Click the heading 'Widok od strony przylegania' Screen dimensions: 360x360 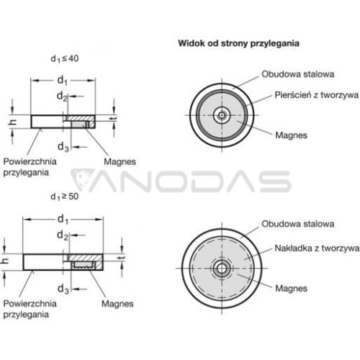(x=238, y=43)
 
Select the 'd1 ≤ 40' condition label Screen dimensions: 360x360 (x=65, y=58)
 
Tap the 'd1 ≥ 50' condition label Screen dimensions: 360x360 (x=65, y=197)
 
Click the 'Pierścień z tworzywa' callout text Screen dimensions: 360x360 (x=317, y=95)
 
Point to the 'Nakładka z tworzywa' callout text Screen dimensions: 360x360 (x=317, y=248)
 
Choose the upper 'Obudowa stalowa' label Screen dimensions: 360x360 (x=297, y=74)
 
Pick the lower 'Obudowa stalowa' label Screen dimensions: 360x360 (x=297, y=224)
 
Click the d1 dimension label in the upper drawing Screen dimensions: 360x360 (x=63, y=81)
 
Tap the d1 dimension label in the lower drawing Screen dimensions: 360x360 (x=63, y=220)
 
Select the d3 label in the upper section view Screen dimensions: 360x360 (x=63, y=147)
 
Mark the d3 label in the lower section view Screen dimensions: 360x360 (x=63, y=289)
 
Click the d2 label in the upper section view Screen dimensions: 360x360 (x=63, y=96)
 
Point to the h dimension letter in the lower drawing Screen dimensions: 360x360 (x=5, y=261)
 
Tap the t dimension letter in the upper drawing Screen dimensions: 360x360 (x=114, y=118)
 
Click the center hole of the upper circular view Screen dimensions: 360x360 (x=222, y=115)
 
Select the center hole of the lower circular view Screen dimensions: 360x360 (x=222, y=268)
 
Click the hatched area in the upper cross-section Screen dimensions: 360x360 (x=80, y=118)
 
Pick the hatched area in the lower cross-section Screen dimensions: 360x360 (x=85, y=258)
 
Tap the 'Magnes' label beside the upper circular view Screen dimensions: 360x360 (x=291, y=135)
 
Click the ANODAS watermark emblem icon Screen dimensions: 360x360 (x=81, y=180)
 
